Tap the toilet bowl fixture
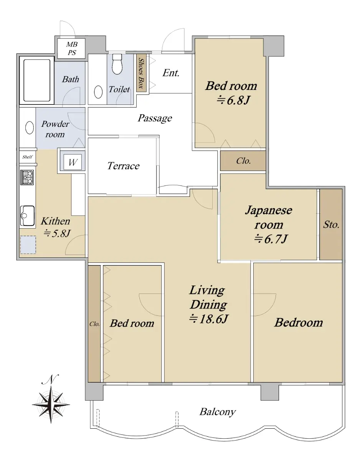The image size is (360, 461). (x=117, y=64)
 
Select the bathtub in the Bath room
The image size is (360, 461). (x=37, y=80)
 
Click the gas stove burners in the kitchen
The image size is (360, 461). (x=27, y=177)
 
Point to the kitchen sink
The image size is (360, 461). (x=27, y=216)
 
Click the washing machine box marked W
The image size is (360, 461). (x=73, y=162)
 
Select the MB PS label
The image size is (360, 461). (x=72, y=48)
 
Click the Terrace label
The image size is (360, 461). (x=123, y=166)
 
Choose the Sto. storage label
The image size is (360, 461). (x=331, y=225)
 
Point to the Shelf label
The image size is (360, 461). (x=27, y=157)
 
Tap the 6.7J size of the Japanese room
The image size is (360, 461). (x=271, y=239)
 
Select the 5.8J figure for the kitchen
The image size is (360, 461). (x=57, y=233)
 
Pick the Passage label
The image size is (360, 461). (x=155, y=118)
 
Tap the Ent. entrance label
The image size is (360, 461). (x=171, y=73)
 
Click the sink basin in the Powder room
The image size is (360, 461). (x=30, y=128)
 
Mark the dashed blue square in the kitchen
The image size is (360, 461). (x=28, y=245)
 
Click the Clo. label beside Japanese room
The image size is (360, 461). (x=243, y=161)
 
